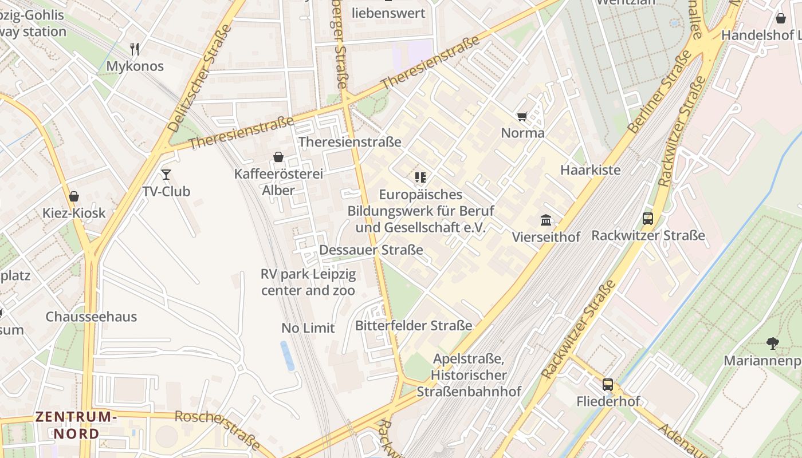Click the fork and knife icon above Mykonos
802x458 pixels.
(135, 49)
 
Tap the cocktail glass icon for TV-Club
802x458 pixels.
(166, 174)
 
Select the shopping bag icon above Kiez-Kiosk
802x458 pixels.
(74, 197)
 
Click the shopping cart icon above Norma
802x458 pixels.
(522, 117)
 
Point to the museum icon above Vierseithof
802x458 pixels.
(546, 220)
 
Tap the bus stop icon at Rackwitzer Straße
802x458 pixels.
(648, 219)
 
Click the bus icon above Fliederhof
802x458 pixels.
(608, 385)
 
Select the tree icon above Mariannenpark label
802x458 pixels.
(772, 343)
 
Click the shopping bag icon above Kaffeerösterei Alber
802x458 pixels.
(278, 157)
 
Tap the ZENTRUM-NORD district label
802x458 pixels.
(77, 425)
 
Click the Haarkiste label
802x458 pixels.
(590, 170)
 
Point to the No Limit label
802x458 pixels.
(308, 328)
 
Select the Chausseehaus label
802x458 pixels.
(91, 317)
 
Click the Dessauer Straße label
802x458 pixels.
(371, 250)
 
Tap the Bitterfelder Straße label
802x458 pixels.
(414, 326)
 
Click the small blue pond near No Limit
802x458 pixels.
(287, 356)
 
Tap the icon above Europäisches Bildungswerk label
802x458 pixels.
(421, 177)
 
